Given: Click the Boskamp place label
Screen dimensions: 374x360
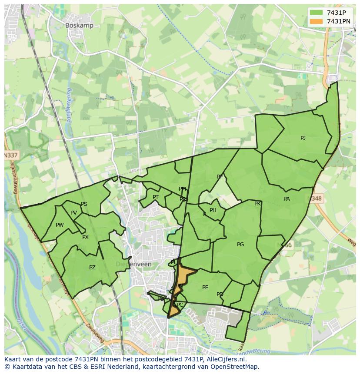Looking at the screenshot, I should pyautogui.click(x=79, y=26).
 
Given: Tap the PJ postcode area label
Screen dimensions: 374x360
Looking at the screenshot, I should pyautogui.click(x=303, y=138).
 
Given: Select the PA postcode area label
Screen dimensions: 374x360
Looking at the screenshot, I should pyautogui.click(x=287, y=199).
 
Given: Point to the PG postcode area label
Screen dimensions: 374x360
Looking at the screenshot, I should pyautogui.click(x=240, y=245).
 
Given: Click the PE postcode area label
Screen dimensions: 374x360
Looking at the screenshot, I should pyautogui.click(x=205, y=288).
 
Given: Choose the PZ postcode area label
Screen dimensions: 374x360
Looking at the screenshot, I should pyautogui.click(x=92, y=268).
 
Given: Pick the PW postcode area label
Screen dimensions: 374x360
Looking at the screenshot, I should pyautogui.click(x=60, y=225).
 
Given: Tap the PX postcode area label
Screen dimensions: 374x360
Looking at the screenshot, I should pyautogui.click(x=85, y=237).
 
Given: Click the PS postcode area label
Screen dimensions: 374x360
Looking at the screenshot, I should pyautogui.click(x=84, y=204).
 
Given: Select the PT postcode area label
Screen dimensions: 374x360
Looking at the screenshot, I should pyautogui.click(x=156, y=197).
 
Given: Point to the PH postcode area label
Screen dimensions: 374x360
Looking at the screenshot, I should pyautogui.click(x=213, y=210).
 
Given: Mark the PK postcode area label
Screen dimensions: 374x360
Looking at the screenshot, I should pyautogui.click(x=257, y=204).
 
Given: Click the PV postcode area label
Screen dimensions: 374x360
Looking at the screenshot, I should pyautogui.click(x=73, y=213).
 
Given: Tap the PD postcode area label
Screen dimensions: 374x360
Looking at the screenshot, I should pyautogui.click(x=220, y=295).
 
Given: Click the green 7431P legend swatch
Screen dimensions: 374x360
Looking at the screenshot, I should pyautogui.click(x=316, y=13).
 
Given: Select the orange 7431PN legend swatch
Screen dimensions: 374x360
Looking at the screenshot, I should pyautogui.click(x=316, y=21).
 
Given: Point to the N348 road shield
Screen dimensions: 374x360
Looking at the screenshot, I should pyautogui.click(x=317, y=199).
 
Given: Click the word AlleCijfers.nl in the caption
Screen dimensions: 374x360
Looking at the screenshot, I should pyautogui.click(x=226, y=359).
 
